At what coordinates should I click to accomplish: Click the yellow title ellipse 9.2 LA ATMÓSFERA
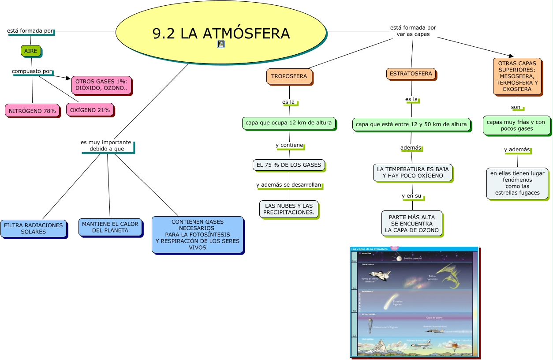(x=220, y=32)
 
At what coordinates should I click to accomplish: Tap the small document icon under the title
(x=221, y=44)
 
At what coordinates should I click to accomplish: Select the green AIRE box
(x=31, y=51)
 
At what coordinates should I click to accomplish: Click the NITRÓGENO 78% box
(x=32, y=111)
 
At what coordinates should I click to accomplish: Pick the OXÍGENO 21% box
(x=90, y=110)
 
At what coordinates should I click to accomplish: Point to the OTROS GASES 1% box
(x=101, y=85)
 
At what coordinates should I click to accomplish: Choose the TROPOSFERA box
(x=289, y=76)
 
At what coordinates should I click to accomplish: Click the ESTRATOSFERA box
(x=411, y=74)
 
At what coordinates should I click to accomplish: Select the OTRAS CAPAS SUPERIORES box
(x=517, y=77)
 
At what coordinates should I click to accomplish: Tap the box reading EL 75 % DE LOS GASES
(x=289, y=165)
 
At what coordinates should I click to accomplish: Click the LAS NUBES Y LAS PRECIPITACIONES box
(x=289, y=209)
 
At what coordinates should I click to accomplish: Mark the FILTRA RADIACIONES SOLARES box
(x=34, y=229)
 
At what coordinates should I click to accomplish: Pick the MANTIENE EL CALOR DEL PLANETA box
(x=110, y=227)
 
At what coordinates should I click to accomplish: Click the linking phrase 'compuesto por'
(x=32, y=71)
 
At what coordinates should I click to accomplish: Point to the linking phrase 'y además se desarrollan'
(x=289, y=185)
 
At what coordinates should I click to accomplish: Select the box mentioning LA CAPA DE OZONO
(x=412, y=224)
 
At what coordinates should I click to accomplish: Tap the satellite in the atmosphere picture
(x=399, y=259)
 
